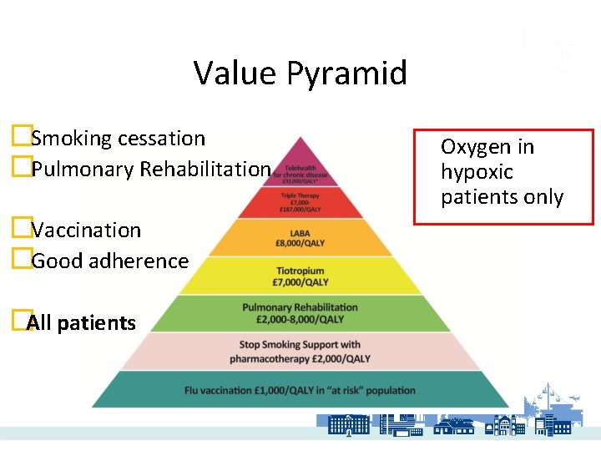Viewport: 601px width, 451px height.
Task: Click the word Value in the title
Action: tap(235, 73)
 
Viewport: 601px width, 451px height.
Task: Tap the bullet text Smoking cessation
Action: tap(118, 138)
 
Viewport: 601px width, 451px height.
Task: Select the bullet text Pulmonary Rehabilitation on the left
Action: tap(150, 169)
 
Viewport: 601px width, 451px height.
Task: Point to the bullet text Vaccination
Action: tap(86, 230)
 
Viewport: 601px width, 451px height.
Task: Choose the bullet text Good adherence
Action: tap(109, 261)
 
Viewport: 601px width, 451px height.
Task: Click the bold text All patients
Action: tap(82, 322)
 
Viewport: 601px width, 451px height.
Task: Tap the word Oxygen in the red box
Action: tap(476, 147)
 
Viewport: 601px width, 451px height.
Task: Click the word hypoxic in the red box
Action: tap(477, 172)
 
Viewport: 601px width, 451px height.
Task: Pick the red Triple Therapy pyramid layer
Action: tap(300, 201)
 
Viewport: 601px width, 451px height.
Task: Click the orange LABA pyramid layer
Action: tap(300, 237)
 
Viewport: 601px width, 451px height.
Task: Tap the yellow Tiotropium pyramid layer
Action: tap(300, 276)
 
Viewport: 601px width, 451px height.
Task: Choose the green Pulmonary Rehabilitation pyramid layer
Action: tap(300, 313)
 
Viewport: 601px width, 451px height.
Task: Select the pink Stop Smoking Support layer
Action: tap(300, 351)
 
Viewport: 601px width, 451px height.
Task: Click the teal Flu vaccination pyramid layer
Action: tap(300, 389)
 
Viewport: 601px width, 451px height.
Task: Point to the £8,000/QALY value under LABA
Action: tap(300, 244)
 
